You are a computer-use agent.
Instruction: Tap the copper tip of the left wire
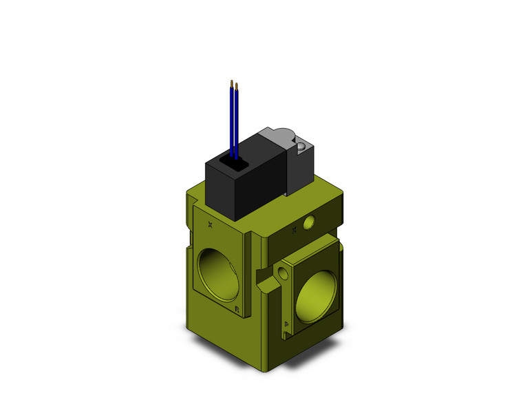[x=231, y=83]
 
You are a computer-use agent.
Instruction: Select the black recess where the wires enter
[x=229, y=164]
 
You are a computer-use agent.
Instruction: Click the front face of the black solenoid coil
[x=224, y=193]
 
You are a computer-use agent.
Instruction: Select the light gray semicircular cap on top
[x=284, y=133]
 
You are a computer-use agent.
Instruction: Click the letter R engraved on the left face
[x=237, y=308]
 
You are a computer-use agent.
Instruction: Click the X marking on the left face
[x=210, y=224]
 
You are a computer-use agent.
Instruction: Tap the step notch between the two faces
[x=261, y=279]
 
